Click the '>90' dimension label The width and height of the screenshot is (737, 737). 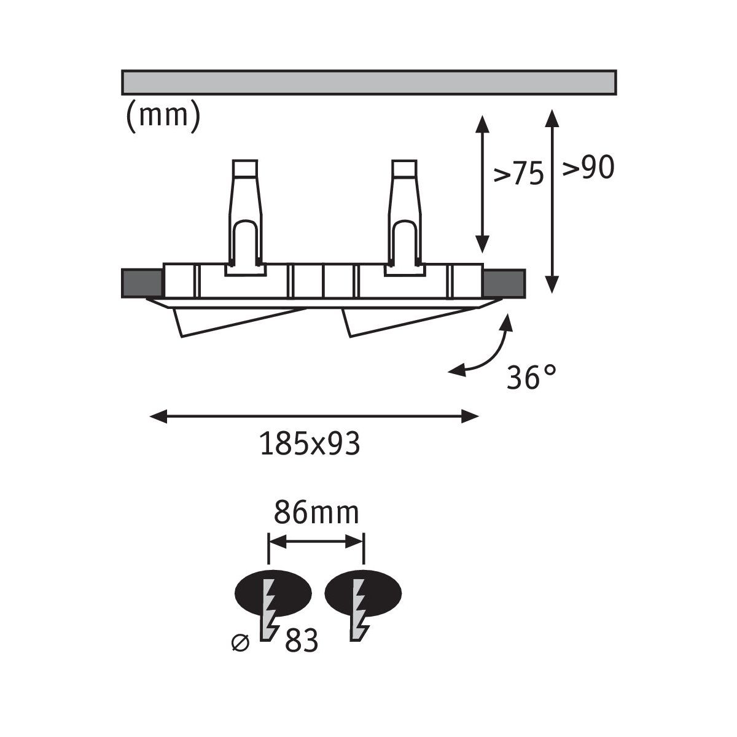pyautogui.click(x=588, y=168)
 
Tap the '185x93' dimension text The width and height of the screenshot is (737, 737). pyautogui.click(x=310, y=443)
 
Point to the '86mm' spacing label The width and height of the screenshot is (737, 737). pyautogui.click(x=316, y=513)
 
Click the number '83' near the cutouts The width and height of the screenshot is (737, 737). pyautogui.click(x=301, y=642)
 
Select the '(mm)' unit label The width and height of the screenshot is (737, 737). pyautogui.click(x=163, y=115)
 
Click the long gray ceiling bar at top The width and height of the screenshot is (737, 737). pyautogui.click(x=368, y=82)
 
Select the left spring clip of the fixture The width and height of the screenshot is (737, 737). pyautogui.click(x=246, y=215)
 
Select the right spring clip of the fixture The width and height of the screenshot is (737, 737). pyautogui.click(x=405, y=215)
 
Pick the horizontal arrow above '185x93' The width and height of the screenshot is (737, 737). pyautogui.click(x=314, y=417)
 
